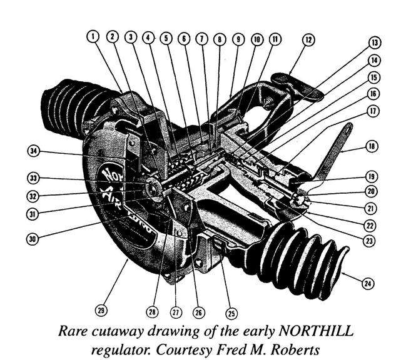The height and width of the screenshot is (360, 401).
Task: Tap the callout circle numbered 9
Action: [238, 37]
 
